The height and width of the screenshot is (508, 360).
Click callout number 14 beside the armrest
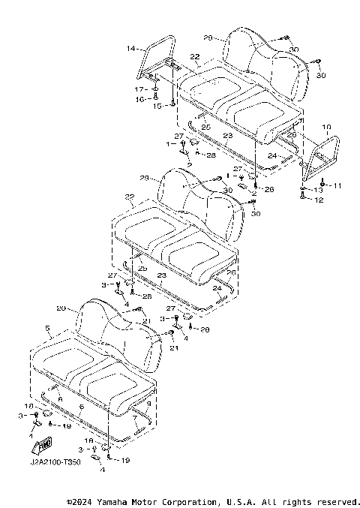(130, 48)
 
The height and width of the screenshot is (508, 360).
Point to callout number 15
(157, 106)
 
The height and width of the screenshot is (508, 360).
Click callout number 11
(337, 185)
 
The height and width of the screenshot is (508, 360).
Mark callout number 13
(318, 191)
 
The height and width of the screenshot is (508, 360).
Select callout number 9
(149, 404)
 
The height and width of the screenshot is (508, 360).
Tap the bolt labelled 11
(322, 184)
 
